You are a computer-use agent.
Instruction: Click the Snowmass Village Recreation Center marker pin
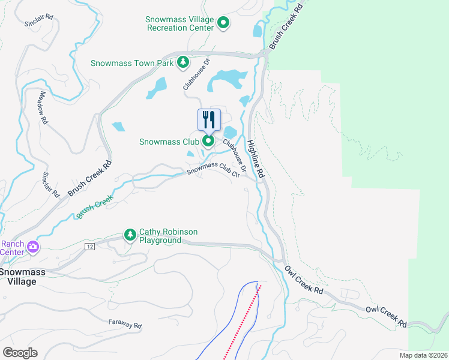[223, 23]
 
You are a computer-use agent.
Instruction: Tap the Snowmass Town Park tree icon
[183, 62]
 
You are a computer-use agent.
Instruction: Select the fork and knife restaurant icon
[208, 119]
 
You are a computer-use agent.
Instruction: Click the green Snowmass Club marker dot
[208, 142]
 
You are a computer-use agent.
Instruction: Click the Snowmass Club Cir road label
[213, 170]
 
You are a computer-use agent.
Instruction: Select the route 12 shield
[89, 247]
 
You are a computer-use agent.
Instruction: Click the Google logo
[20, 352]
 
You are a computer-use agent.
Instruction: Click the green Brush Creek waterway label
[95, 208]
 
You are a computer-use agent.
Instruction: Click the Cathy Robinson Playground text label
[168, 236]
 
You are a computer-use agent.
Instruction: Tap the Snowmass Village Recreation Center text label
[179, 23]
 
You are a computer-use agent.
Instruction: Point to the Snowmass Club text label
[170, 142]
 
